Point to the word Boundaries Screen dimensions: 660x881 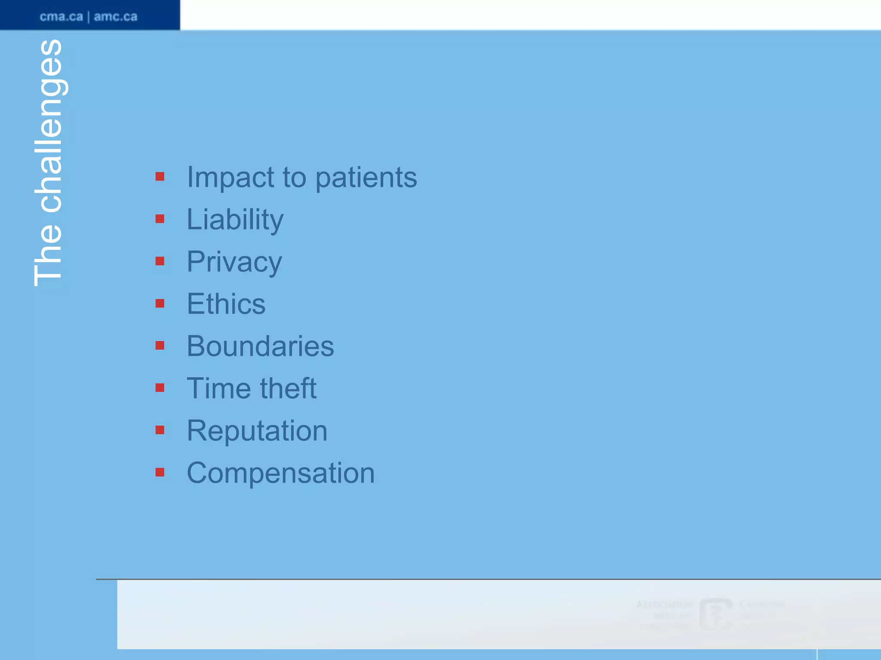(x=260, y=346)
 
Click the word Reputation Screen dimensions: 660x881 (x=257, y=431)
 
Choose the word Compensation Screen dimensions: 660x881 (x=280, y=473)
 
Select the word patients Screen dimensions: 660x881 (x=366, y=177)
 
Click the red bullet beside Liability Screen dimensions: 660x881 (x=160, y=219)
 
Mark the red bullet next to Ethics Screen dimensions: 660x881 (x=160, y=304)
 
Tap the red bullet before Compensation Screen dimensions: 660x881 (x=160, y=473)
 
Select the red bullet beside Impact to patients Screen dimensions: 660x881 (x=160, y=177)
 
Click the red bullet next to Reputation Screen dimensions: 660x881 (x=160, y=430)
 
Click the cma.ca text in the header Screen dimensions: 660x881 (x=61, y=17)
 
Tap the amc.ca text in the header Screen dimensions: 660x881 (x=116, y=17)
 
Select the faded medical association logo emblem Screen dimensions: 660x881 (x=716, y=614)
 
